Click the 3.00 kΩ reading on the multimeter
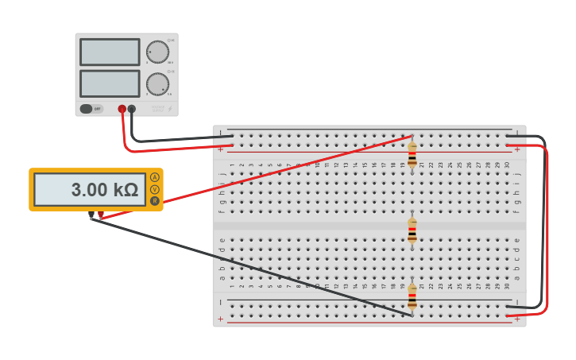click(x=103, y=190)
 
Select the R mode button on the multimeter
click(x=154, y=201)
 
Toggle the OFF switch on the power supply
click(x=91, y=109)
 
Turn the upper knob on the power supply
click(x=157, y=52)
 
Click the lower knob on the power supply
click(x=157, y=83)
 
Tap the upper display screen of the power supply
click(x=110, y=52)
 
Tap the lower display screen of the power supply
click(x=110, y=83)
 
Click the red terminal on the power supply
click(x=122, y=109)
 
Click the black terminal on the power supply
click(x=132, y=109)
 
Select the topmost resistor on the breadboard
click(x=412, y=153)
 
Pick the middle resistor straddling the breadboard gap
click(x=412, y=231)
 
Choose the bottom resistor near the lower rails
click(x=412, y=298)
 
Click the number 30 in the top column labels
click(x=507, y=165)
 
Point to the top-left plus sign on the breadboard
click(x=222, y=148)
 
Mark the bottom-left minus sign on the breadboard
click(x=222, y=303)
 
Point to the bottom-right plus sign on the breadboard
click(x=517, y=319)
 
